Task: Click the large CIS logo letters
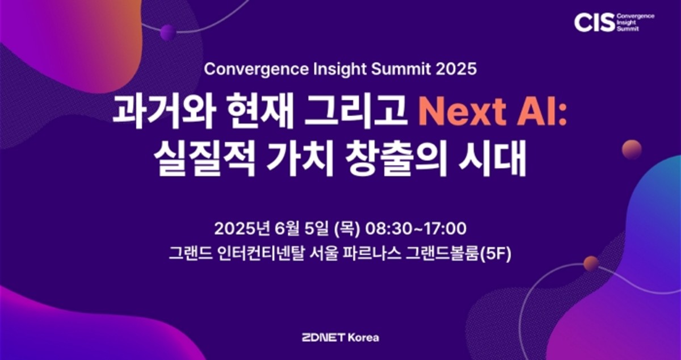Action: [594, 23]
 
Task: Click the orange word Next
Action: [462, 112]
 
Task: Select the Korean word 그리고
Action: [356, 111]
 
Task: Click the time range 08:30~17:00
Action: [415, 229]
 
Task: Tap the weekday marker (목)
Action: [347, 229]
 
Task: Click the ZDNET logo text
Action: [323, 338]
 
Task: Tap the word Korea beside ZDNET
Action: [363, 338]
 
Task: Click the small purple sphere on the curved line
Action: [168, 32]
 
